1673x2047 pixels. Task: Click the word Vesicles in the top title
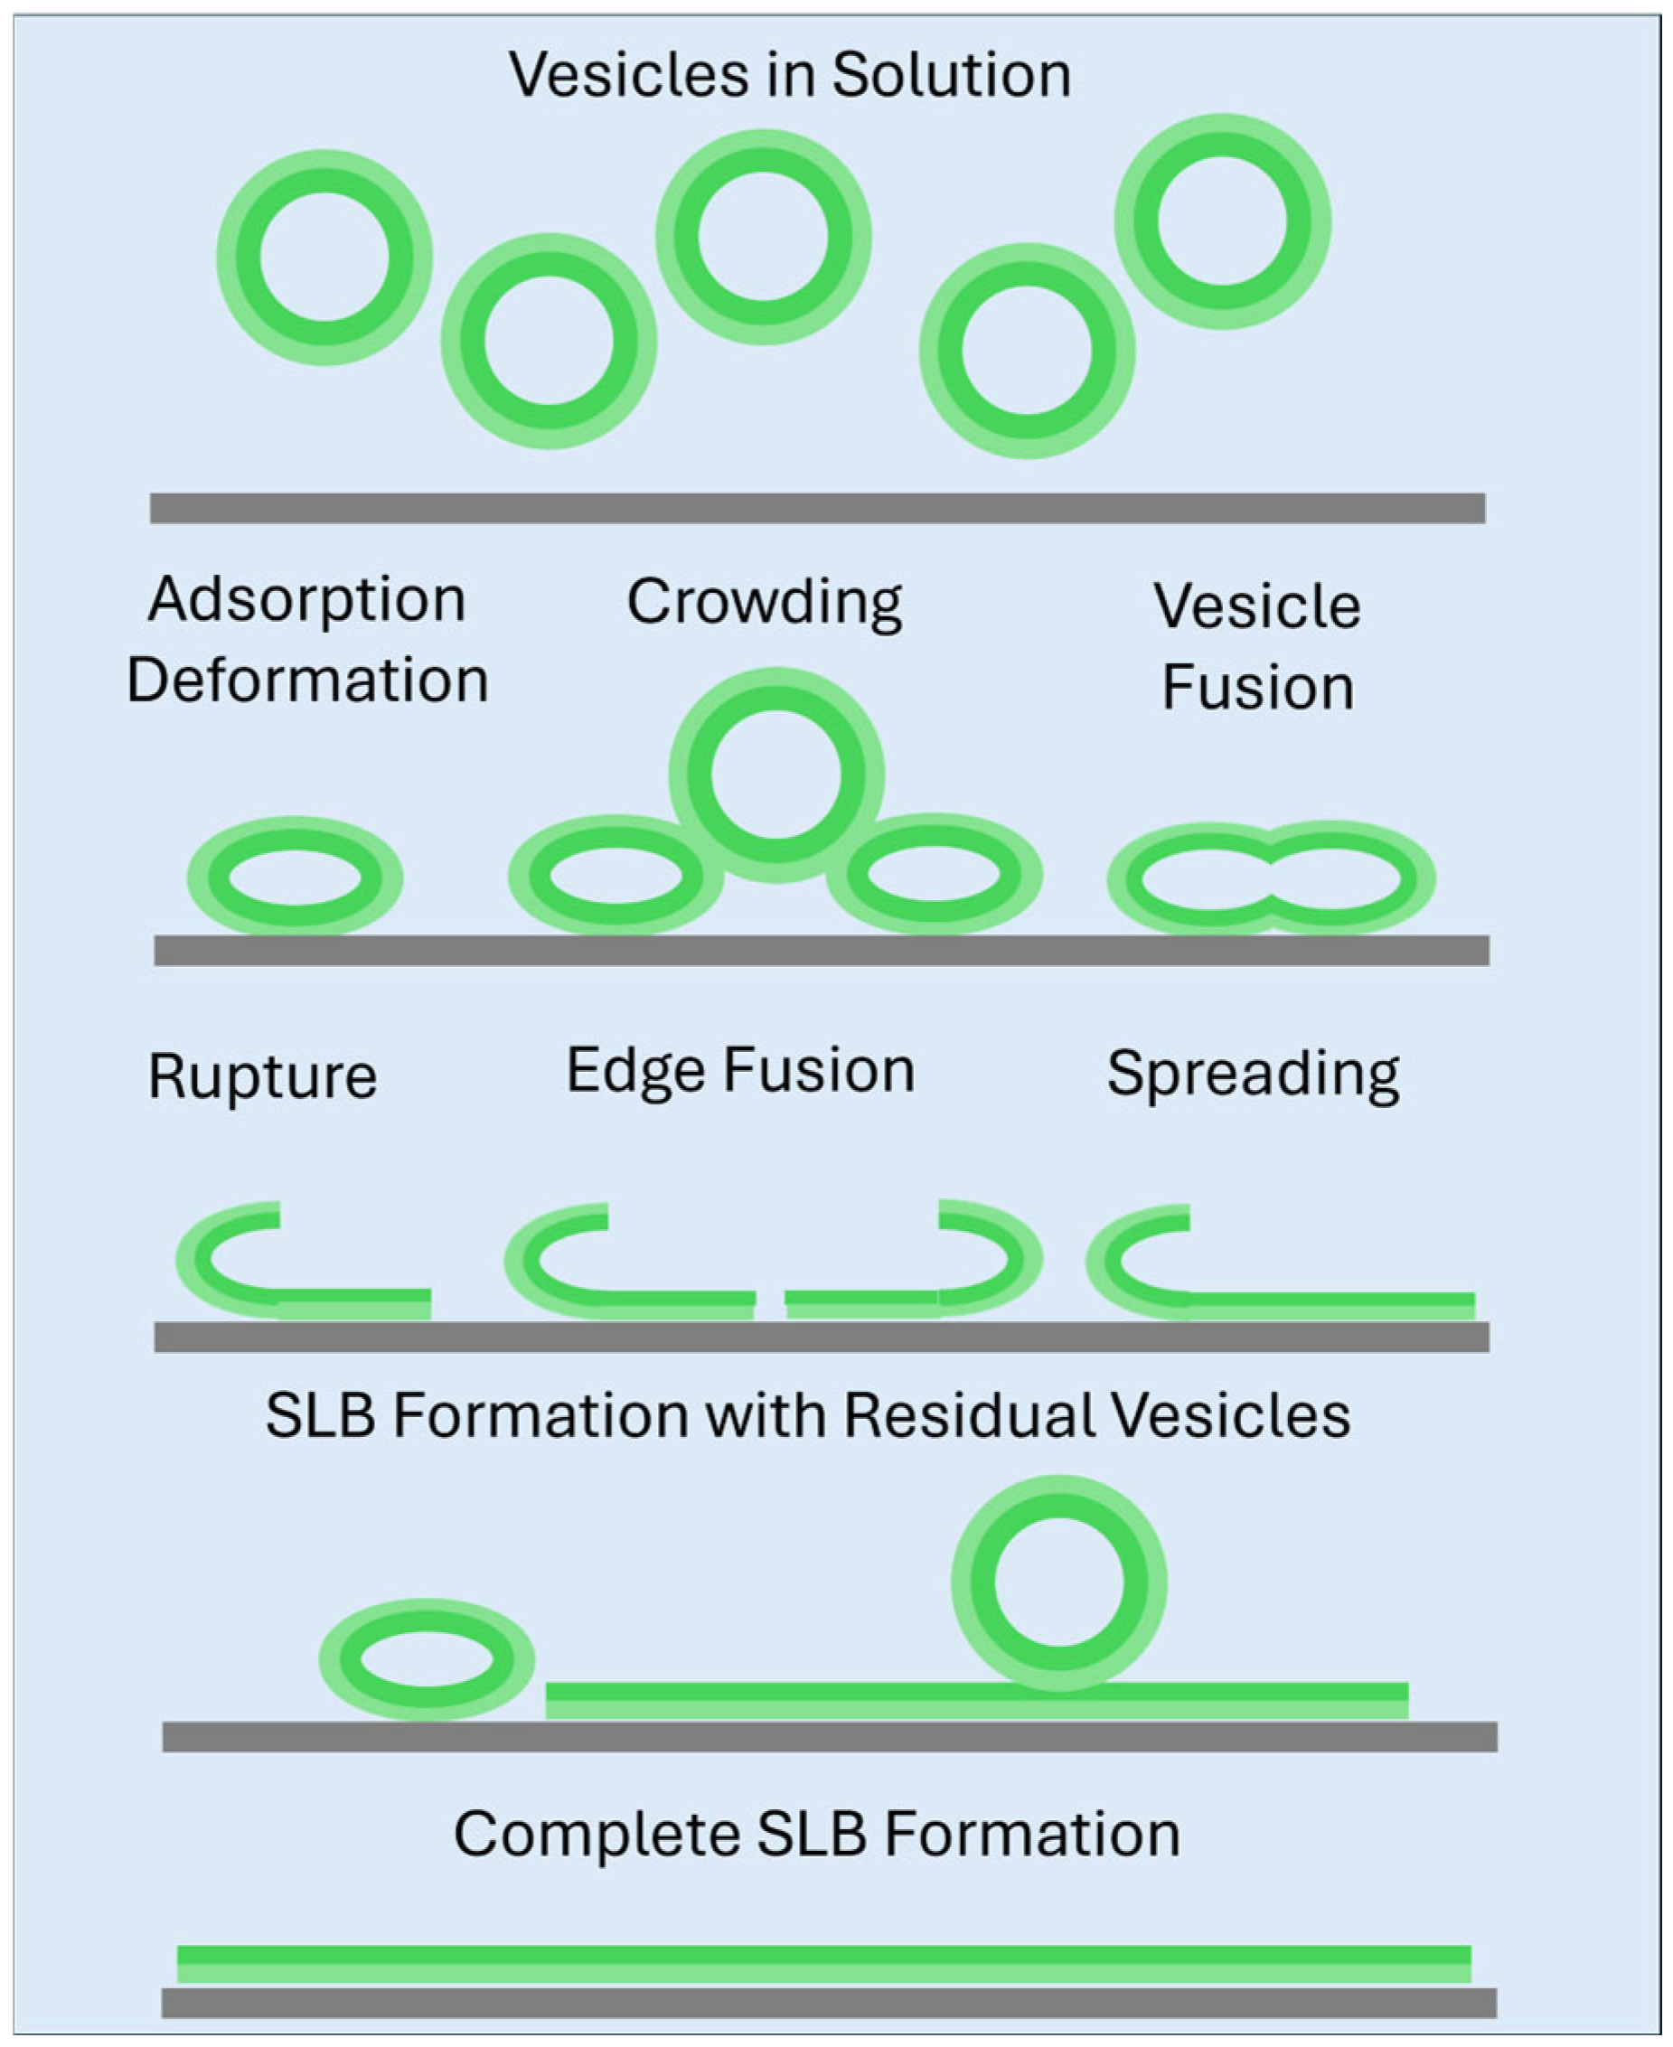(x=627, y=75)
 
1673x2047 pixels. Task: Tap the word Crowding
(x=765, y=602)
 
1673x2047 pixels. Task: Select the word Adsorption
(x=306, y=599)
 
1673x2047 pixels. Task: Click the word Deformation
(x=307, y=681)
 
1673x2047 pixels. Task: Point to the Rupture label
(x=262, y=1075)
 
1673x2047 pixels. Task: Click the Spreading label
(x=1253, y=1073)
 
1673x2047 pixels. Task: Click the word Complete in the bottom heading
(x=596, y=1834)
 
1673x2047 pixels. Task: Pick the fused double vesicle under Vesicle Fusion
(x=1271, y=878)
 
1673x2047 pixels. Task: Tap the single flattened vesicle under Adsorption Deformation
(x=295, y=878)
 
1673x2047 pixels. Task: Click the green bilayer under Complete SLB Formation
(x=824, y=1963)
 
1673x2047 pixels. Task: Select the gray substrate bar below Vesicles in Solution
(x=817, y=508)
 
